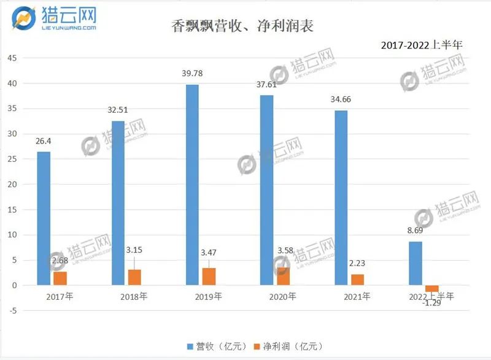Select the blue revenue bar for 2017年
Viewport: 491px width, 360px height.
tap(44, 218)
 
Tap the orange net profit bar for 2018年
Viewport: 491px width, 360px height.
tap(134, 277)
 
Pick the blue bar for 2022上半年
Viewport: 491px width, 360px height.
tap(416, 263)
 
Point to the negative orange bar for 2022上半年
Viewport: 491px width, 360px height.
tap(432, 288)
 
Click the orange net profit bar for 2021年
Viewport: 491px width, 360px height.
tap(358, 280)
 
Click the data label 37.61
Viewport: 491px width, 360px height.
tap(267, 85)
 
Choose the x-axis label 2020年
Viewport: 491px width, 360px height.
tap(283, 296)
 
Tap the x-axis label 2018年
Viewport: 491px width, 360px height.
tap(134, 296)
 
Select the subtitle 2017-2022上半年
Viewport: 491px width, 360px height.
tap(422, 45)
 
